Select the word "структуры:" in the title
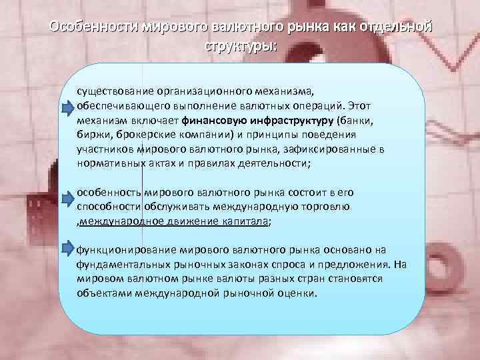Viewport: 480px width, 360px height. (239, 48)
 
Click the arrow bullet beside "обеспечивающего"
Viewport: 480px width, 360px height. (70, 108)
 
